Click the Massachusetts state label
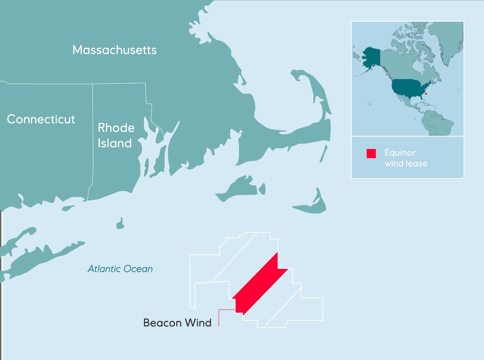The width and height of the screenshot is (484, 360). point(114,50)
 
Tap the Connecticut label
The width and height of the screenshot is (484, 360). point(41,119)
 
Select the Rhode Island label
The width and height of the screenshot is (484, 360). point(116,135)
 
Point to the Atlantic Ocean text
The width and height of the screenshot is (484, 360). point(120,269)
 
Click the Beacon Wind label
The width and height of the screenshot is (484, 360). point(177,323)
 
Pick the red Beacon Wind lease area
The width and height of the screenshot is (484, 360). point(260,284)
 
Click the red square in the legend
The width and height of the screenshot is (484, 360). point(371,154)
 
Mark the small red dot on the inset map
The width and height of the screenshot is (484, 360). point(426,93)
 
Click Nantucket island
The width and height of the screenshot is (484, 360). point(312,206)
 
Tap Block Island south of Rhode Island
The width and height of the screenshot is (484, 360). point(121,224)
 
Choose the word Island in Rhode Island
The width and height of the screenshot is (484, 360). point(115,143)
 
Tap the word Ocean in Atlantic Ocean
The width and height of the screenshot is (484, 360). point(140,269)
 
